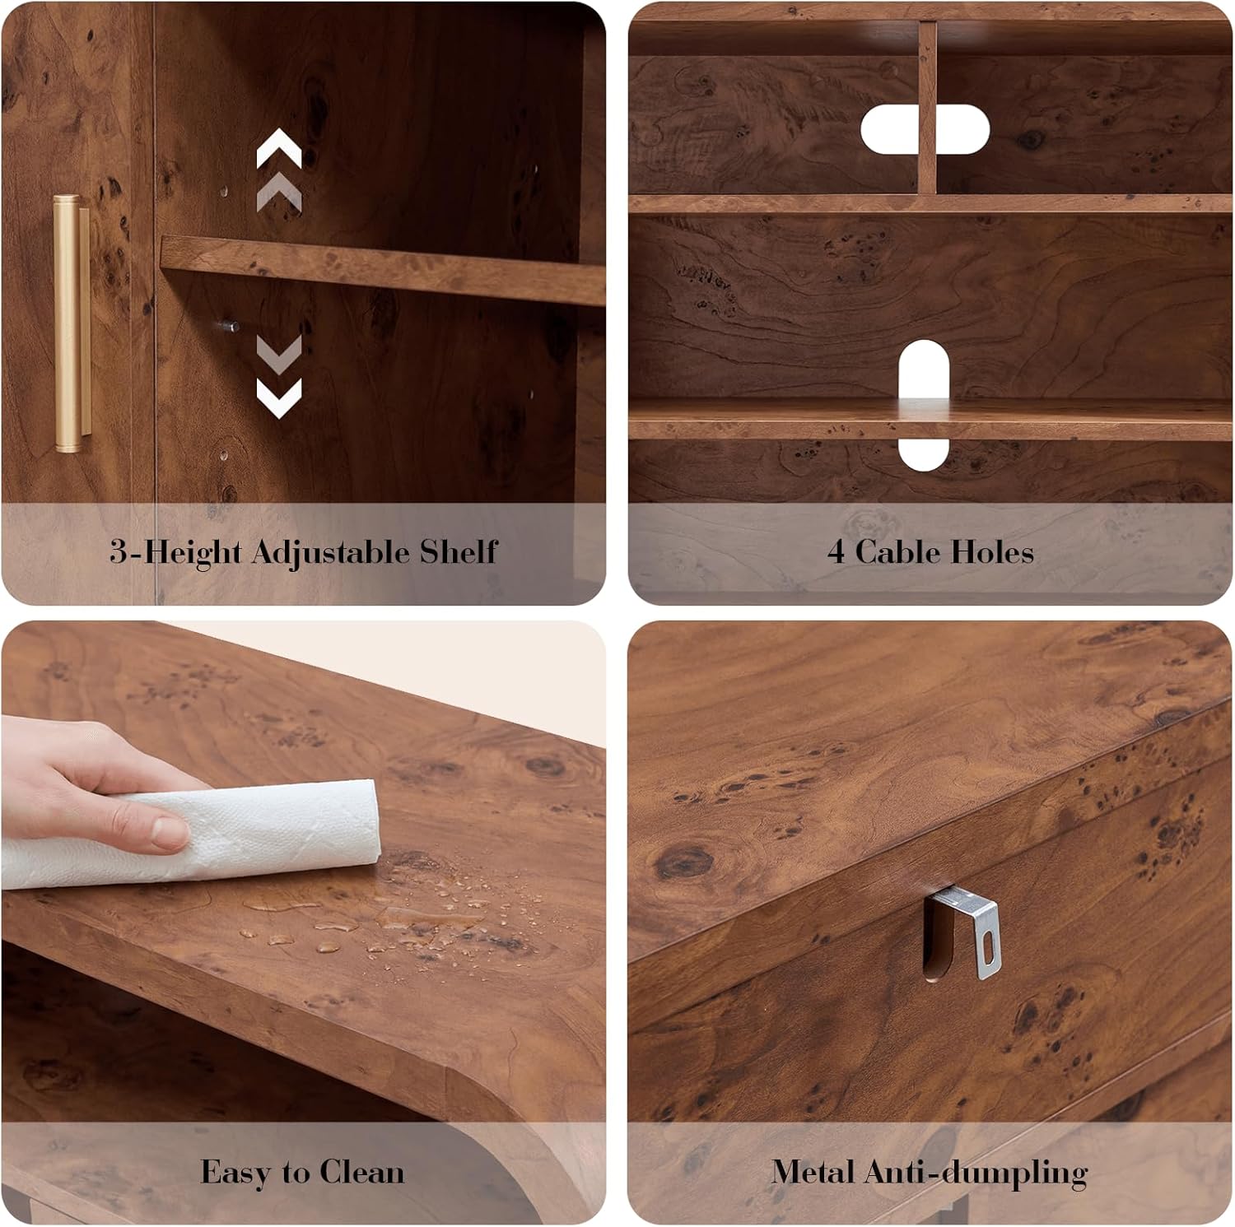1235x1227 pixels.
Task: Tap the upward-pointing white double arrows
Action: [x=279, y=170]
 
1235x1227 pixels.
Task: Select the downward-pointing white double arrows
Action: [x=279, y=375]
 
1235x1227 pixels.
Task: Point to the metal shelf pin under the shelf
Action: [x=230, y=326]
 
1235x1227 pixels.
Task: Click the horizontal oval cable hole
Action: [x=925, y=129]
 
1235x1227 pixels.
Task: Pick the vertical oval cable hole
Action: [x=924, y=405]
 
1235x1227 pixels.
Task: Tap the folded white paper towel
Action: [x=189, y=833]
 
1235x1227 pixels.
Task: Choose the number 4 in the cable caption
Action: [x=836, y=552]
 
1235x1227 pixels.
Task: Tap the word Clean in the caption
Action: [x=361, y=1172]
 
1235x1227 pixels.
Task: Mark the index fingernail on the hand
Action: [x=170, y=832]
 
